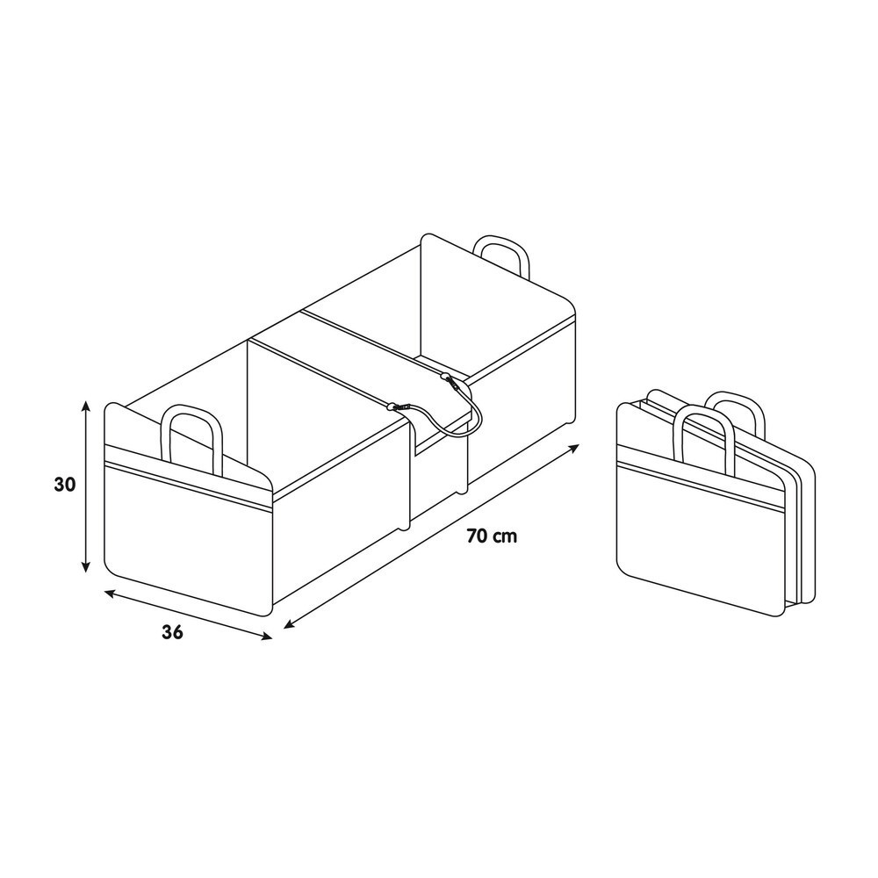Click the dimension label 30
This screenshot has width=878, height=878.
point(65,485)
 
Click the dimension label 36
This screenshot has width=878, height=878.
point(172,632)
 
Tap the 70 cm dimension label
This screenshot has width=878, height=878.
point(493,536)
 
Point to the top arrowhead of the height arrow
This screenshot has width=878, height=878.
point(86,405)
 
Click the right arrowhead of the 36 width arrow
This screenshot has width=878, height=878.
point(267,636)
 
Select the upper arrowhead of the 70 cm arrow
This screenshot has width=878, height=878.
point(574,449)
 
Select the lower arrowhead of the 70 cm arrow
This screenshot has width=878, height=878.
point(289,623)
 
